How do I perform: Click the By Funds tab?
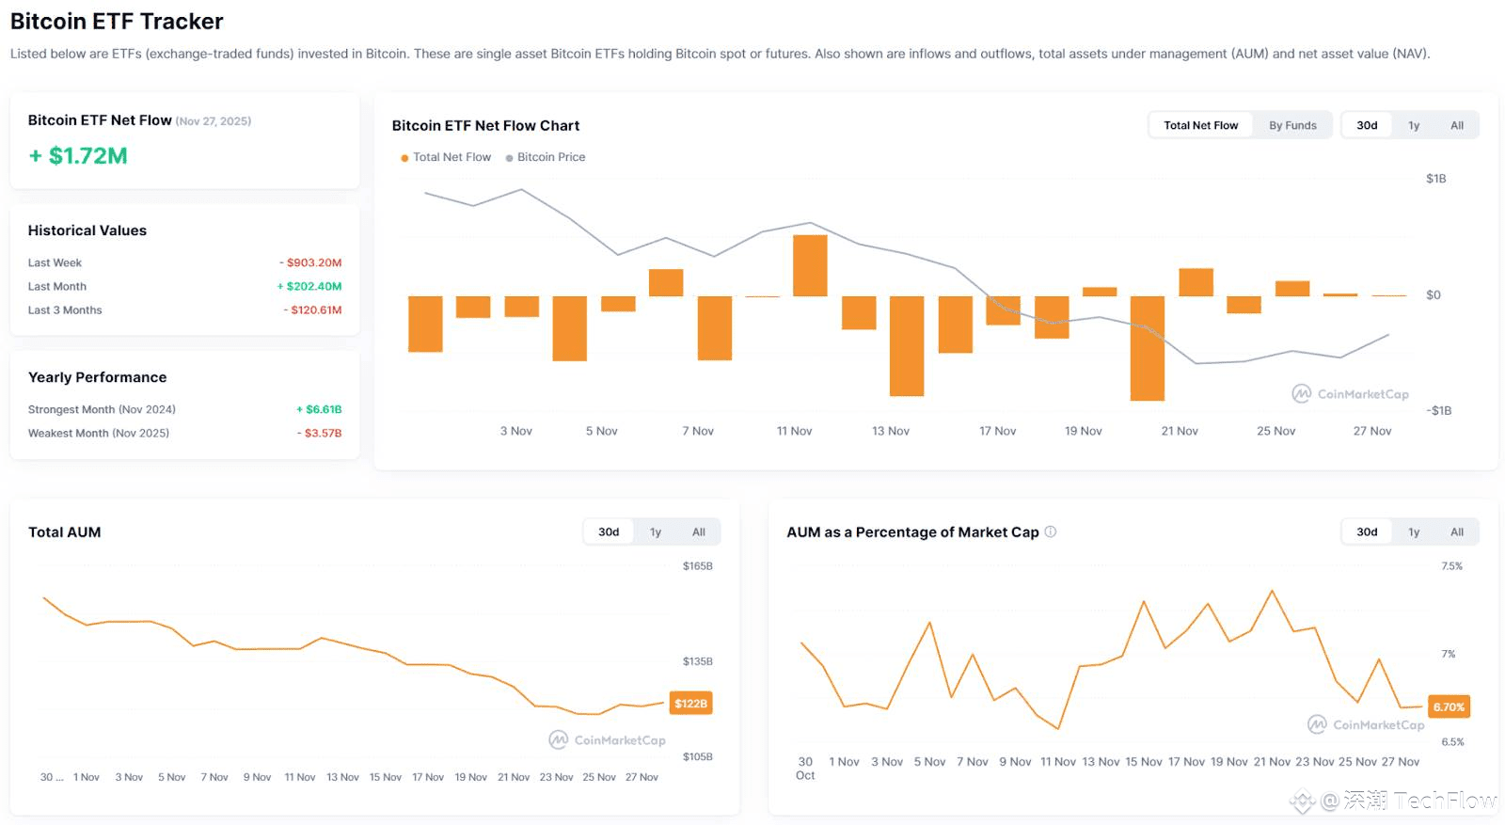(x=1292, y=125)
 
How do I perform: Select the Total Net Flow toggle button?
(x=1200, y=125)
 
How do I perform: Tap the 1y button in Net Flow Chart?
(x=1413, y=125)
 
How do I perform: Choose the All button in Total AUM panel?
(x=698, y=532)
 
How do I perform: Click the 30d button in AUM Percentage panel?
(x=1367, y=532)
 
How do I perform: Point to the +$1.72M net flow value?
(x=78, y=156)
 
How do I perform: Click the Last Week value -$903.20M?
(x=310, y=263)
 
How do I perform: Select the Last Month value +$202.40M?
(x=309, y=287)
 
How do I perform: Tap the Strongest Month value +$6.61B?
(x=319, y=410)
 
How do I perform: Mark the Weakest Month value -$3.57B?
(x=320, y=434)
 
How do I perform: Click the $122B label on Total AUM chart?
(x=690, y=704)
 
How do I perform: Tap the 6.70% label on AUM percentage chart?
(x=1449, y=707)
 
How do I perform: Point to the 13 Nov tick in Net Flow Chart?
(x=890, y=431)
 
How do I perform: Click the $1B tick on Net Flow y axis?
(x=1435, y=179)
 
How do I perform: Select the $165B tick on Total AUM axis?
(x=697, y=566)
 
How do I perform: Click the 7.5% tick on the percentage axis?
(x=1451, y=566)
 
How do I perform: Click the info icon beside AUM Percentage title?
(x=1051, y=531)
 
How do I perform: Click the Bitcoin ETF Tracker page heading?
(x=117, y=22)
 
